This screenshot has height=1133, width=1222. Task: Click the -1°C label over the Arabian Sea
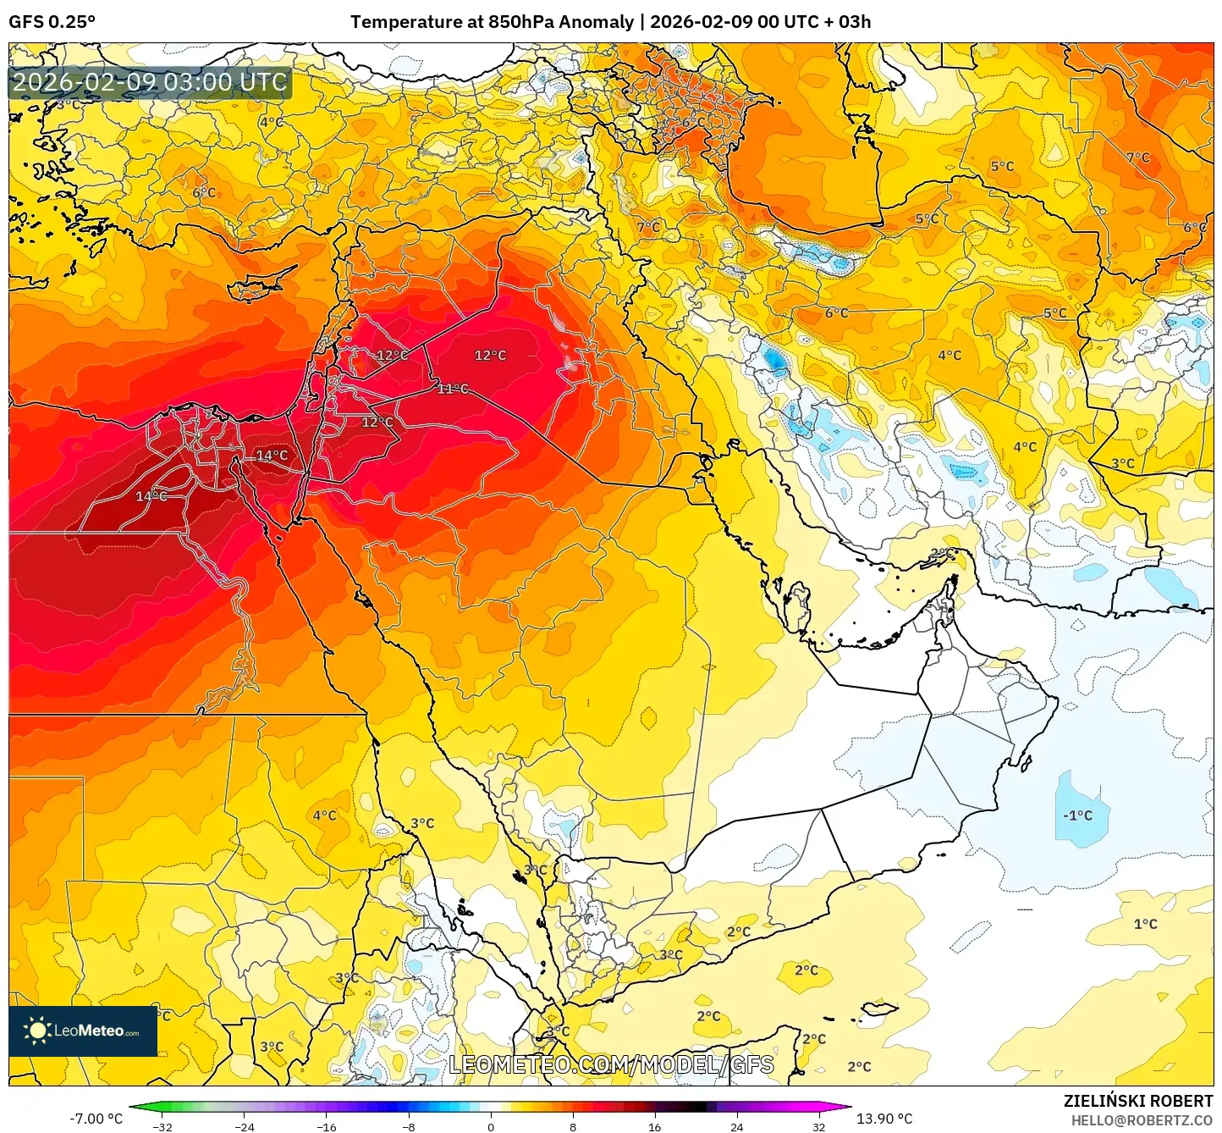1077,815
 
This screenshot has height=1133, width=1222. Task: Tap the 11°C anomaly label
453,389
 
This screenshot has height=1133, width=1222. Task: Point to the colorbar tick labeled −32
162,1126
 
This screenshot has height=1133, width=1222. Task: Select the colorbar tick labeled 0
490,1126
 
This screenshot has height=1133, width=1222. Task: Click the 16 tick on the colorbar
654,1126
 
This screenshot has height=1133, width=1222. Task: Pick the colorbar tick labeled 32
818,1126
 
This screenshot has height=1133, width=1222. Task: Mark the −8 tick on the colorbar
408,1126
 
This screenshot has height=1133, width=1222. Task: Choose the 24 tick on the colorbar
736,1126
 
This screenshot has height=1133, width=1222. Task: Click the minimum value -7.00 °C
96,1119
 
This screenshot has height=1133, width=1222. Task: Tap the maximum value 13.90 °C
884,1119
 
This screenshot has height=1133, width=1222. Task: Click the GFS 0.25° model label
52,22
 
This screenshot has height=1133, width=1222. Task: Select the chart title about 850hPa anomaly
610,22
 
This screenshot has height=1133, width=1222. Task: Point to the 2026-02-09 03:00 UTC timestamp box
150,83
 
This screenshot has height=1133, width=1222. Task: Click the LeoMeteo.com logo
83,1031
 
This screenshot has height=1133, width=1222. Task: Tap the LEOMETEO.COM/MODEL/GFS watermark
611,1064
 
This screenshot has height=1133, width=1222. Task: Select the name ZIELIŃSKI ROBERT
1138,1101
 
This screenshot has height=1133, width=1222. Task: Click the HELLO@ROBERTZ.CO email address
1142,1120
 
